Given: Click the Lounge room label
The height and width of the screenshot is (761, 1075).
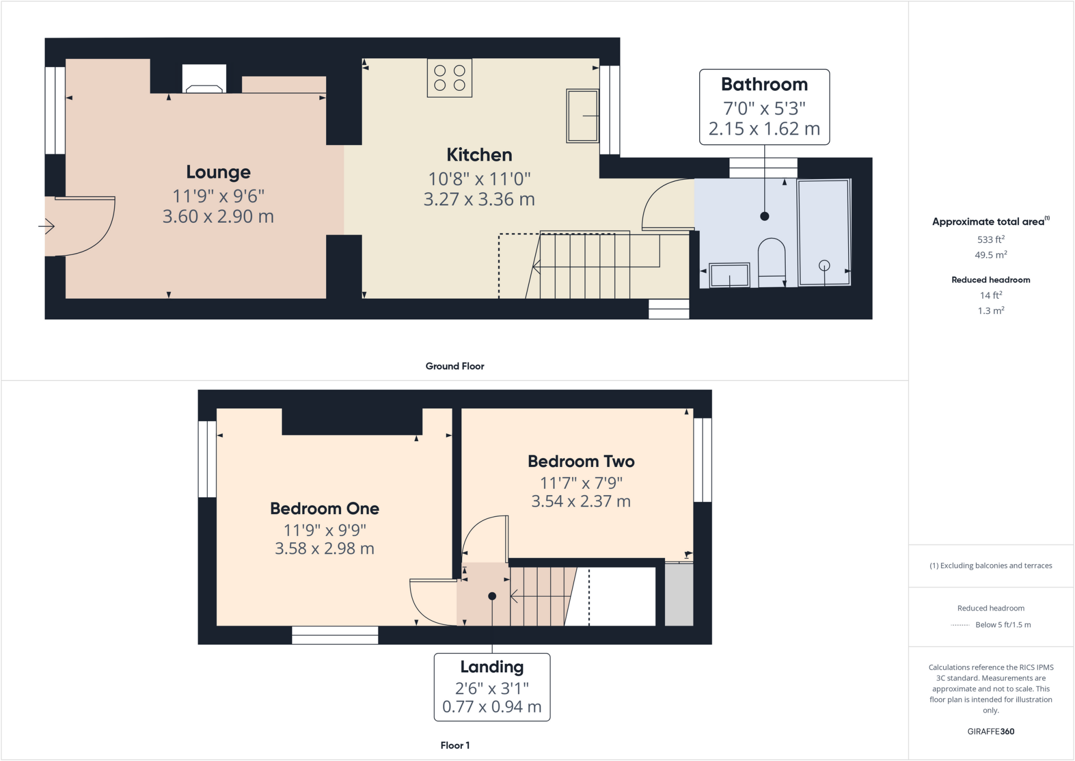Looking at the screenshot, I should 218,172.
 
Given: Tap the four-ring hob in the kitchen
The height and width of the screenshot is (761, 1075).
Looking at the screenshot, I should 449,78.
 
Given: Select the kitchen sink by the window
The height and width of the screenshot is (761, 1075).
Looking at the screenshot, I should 582,116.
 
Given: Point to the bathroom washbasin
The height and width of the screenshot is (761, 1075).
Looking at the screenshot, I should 729,275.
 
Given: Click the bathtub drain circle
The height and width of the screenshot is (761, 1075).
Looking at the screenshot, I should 824,266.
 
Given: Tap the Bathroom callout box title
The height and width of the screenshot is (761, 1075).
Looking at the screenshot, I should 764,85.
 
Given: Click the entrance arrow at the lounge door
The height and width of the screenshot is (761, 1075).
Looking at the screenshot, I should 47,226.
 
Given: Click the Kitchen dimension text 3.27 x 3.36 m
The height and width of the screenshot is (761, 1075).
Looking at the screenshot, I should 479,200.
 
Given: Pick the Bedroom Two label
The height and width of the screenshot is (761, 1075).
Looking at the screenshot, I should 581,462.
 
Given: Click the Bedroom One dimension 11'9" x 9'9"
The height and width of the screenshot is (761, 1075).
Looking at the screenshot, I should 324,530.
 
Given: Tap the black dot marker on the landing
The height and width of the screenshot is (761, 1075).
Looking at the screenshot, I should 492,596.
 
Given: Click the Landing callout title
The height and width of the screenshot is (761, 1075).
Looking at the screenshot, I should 492,667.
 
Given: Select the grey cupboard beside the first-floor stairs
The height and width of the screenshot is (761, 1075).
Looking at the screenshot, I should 679,595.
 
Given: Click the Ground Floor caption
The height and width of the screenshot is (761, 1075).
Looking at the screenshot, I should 455,366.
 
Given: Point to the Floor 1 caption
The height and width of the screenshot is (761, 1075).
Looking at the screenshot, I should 455,745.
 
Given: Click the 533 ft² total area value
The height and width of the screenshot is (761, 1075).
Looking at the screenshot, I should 990,239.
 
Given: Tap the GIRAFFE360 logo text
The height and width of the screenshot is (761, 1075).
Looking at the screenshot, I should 990,731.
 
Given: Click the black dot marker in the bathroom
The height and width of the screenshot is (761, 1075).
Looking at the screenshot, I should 764,216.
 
